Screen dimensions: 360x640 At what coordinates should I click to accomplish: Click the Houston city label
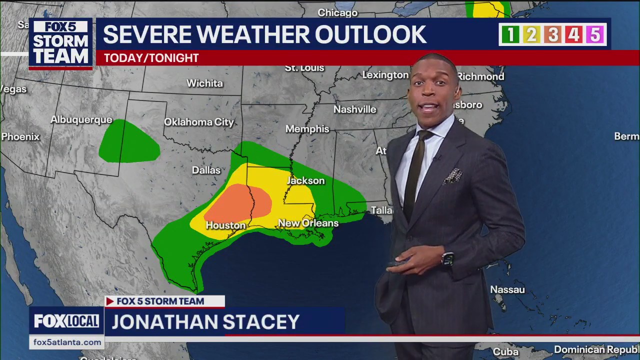click(225, 225)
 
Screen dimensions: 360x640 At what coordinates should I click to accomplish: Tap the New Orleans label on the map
click(308, 223)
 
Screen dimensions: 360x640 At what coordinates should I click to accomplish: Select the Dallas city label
click(206, 170)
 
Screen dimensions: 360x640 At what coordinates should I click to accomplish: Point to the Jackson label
click(305, 180)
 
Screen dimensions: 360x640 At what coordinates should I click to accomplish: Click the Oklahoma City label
click(199, 122)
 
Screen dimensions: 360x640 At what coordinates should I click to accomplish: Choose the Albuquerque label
click(81, 120)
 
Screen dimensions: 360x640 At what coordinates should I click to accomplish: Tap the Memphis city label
click(307, 129)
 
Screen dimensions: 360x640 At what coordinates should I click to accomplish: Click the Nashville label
click(354, 109)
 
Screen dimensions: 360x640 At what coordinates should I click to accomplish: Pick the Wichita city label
click(204, 83)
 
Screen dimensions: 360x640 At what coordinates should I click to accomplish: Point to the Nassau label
click(507, 289)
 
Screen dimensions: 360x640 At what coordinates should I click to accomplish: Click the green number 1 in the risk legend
click(510, 34)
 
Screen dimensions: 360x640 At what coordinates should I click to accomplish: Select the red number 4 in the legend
click(573, 34)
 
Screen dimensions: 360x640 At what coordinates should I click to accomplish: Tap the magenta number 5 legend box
click(594, 34)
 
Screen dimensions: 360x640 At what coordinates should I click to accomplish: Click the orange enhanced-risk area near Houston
click(240, 202)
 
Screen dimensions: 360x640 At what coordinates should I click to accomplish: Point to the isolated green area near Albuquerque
click(128, 143)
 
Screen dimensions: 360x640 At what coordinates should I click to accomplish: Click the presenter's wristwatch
click(447, 259)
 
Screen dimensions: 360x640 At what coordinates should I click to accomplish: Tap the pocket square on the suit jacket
click(452, 175)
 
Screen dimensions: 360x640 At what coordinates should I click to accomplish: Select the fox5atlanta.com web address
click(67, 342)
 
